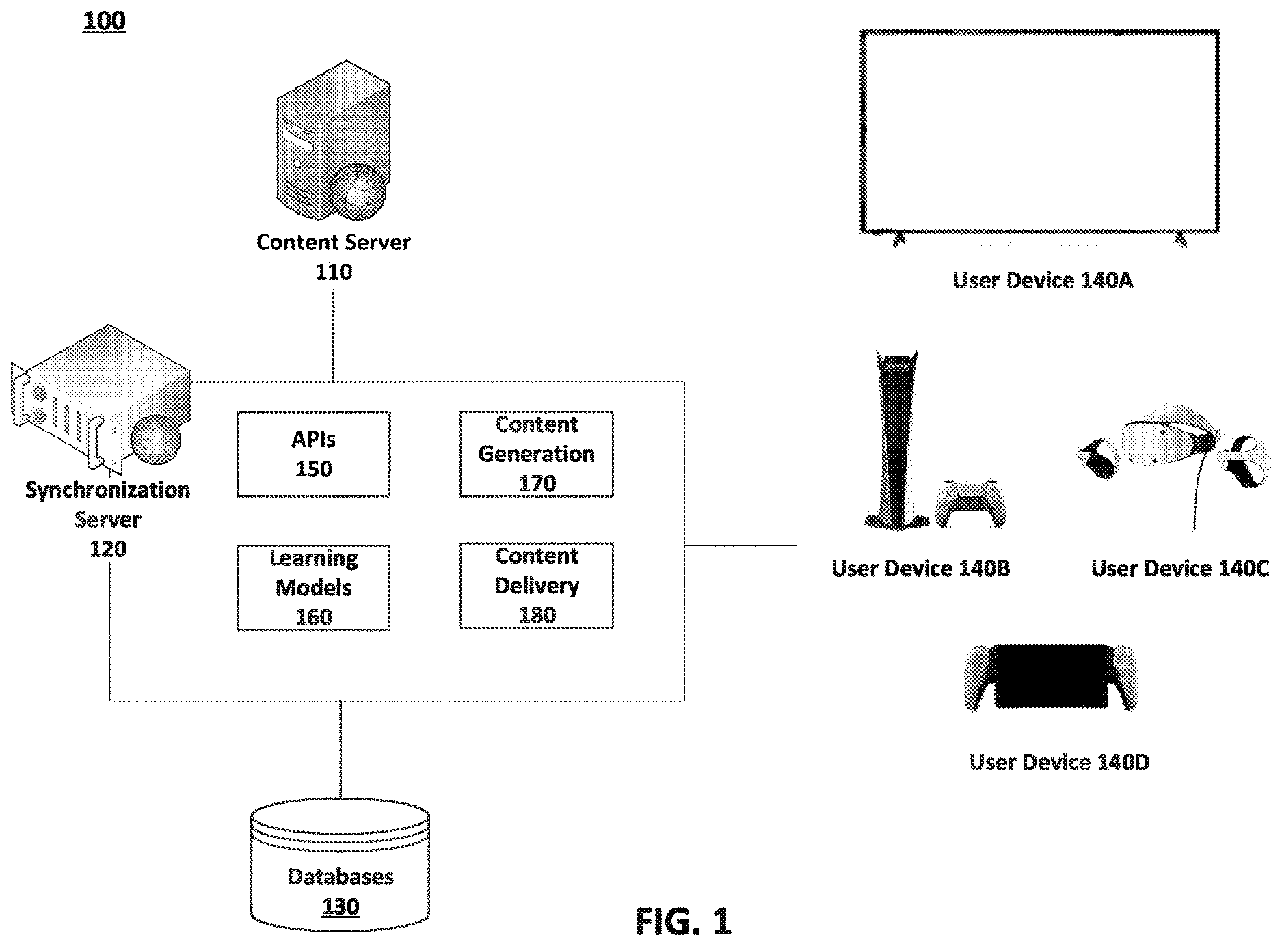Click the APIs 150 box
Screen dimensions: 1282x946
pyautogui.click(x=313, y=454)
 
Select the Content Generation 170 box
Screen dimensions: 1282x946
pyautogui.click(x=537, y=454)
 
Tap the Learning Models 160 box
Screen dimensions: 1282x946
pyautogui.click(x=313, y=587)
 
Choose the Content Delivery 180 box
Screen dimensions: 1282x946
pyautogui.click(x=537, y=586)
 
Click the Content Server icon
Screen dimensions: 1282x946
pyautogui.click(x=333, y=141)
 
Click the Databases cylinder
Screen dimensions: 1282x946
pyautogui.click(x=340, y=865)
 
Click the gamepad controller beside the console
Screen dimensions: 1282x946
pyautogui.click(x=971, y=503)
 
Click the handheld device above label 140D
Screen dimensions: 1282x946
pyautogui.click(x=1052, y=677)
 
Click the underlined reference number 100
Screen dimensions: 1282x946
pyautogui.click(x=104, y=21)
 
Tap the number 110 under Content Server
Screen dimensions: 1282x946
pyautogui.click(x=334, y=272)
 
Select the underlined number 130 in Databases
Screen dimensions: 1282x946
pyautogui.click(x=340, y=907)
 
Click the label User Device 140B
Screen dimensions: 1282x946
pyautogui.click(x=920, y=569)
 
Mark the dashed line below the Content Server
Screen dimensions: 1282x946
pyautogui.click(x=333, y=336)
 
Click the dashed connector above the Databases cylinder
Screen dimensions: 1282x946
pyautogui.click(x=340, y=749)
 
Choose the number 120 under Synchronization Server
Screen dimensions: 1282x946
pyautogui.click(x=108, y=549)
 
